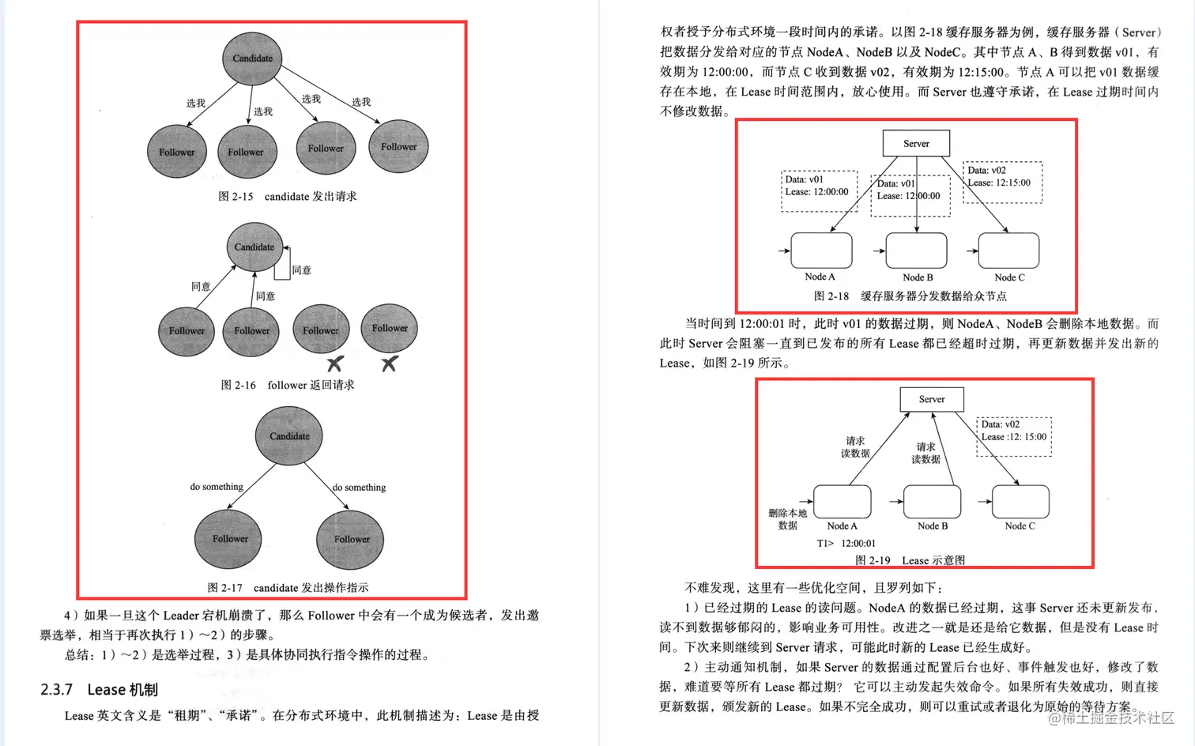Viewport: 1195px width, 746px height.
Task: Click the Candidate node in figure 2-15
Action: click(252, 58)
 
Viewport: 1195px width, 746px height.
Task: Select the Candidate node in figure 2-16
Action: click(254, 247)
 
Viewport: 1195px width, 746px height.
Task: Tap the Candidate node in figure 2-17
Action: click(289, 435)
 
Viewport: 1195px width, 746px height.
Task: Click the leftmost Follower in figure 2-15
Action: click(176, 152)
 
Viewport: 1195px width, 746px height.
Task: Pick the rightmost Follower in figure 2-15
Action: click(398, 146)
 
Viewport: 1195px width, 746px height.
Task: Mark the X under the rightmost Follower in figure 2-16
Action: click(389, 364)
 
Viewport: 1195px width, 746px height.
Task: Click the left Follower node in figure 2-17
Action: click(229, 538)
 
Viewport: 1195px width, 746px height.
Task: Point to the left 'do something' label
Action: click(217, 487)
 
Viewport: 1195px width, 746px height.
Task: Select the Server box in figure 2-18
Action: click(916, 144)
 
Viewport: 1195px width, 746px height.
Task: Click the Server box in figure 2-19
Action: click(932, 399)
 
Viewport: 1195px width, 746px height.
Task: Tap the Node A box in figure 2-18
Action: click(821, 251)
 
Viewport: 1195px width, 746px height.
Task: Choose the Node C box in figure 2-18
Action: click(1008, 251)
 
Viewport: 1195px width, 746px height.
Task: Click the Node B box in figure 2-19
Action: click(932, 502)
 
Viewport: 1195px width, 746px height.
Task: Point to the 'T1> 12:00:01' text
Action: click(846, 544)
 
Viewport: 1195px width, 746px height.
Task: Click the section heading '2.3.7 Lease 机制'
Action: click(100, 690)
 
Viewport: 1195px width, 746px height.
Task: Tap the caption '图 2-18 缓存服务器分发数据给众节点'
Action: click(910, 296)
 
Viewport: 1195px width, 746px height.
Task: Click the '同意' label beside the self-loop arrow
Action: click(302, 270)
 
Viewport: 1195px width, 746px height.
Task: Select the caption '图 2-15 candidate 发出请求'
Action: click(288, 196)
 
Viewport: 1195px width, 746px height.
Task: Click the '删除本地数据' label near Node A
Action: click(788, 519)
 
